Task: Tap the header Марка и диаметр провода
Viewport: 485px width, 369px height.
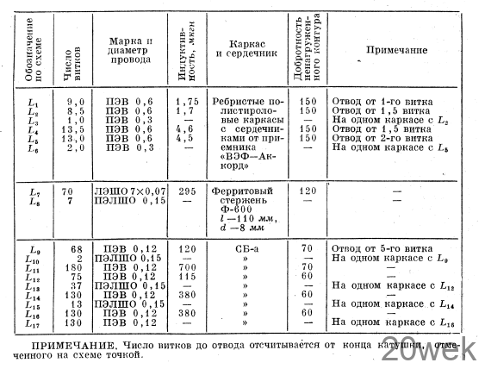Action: [x=131, y=51]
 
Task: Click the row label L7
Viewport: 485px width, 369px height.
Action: [x=34, y=191]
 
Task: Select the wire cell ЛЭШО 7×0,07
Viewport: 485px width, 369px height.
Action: [x=131, y=191]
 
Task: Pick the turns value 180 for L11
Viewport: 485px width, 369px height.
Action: [x=74, y=267]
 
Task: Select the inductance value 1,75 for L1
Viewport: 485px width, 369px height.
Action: [x=187, y=102]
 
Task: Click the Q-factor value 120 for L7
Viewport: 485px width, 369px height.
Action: [x=307, y=191]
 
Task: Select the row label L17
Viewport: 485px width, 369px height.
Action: [x=33, y=323]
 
